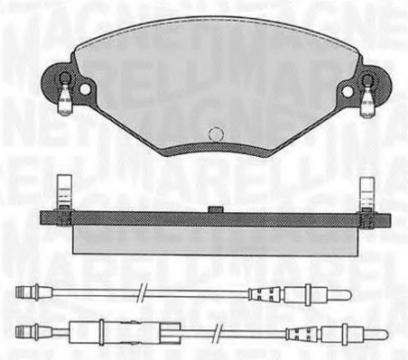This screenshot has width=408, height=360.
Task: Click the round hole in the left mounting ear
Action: tap(85, 89)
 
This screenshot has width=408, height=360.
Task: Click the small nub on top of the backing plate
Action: tap(216, 210)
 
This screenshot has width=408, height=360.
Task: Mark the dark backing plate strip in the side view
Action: tap(215, 219)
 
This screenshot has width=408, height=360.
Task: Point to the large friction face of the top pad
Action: tap(216, 81)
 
